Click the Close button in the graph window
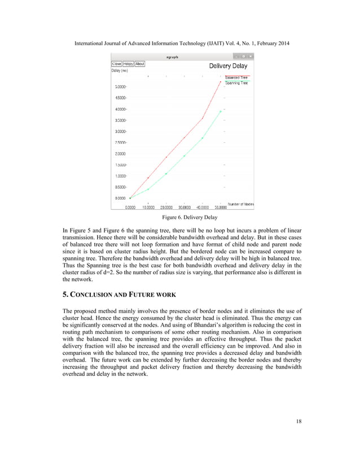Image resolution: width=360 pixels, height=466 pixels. click(116, 64)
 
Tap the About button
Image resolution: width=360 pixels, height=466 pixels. click(139, 64)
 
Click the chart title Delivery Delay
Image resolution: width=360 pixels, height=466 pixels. click(229, 66)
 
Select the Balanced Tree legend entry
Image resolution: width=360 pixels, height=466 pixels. click(236, 77)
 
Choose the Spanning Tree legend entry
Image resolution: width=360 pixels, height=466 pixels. click(236, 83)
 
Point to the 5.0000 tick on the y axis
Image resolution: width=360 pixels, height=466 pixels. click(120, 87)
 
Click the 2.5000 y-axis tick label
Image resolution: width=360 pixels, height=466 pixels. click(120, 143)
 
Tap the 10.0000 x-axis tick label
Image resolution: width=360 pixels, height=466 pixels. click(148, 206)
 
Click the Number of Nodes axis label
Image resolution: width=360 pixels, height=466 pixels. click(240, 203)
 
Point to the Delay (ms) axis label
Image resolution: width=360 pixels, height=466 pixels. click(120, 71)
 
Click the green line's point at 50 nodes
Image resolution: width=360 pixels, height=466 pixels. click(221, 111)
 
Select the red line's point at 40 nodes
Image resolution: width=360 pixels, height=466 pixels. click(203, 118)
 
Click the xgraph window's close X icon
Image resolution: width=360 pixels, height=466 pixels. click(251, 56)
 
